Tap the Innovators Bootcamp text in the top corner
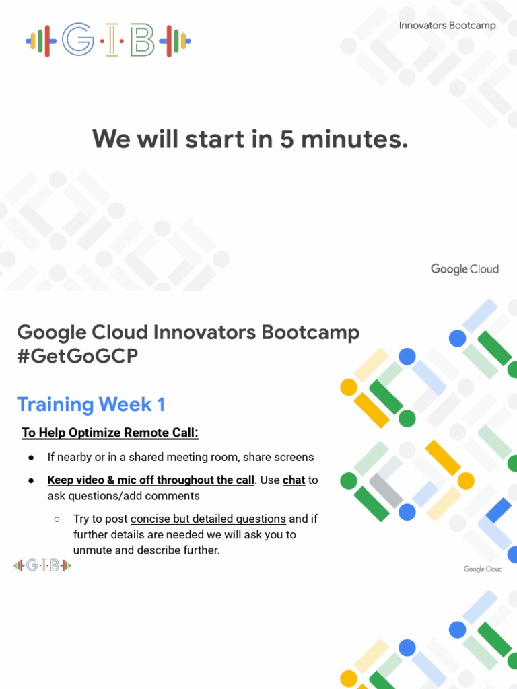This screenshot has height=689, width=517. (x=447, y=26)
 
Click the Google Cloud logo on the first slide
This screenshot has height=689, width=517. (x=464, y=269)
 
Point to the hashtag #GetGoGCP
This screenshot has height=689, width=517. (x=77, y=357)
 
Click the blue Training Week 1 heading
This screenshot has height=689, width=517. (x=91, y=404)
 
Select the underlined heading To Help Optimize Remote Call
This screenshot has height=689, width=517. (x=110, y=433)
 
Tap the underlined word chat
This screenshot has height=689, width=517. (x=294, y=480)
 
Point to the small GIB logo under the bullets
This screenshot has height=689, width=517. (x=42, y=565)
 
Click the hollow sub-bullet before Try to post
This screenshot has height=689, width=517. (x=57, y=519)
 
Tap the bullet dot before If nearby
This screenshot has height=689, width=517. (x=32, y=458)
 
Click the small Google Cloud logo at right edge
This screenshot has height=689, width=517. (x=483, y=569)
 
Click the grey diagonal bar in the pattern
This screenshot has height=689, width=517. (x=386, y=491)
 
